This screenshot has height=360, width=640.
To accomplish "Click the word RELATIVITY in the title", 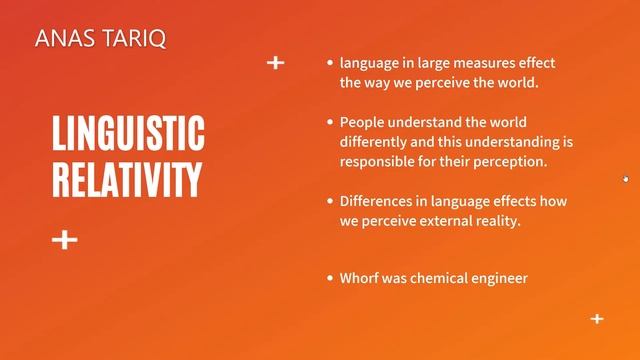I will pyautogui.click(x=126, y=179).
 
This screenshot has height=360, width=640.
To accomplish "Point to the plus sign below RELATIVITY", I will pyautogui.click(x=65, y=240).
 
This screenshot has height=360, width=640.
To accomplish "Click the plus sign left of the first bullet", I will pyautogui.click(x=276, y=63).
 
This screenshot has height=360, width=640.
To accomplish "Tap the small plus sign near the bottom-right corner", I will pyautogui.click(x=597, y=319).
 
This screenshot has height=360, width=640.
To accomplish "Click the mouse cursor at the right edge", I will pyautogui.click(x=626, y=179).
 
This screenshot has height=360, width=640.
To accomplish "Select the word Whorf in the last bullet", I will pyautogui.click(x=361, y=278).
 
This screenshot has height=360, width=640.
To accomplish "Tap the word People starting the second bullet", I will pyautogui.click(x=363, y=121).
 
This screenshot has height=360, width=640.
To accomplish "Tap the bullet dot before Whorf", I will pyautogui.click(x=330, y=279).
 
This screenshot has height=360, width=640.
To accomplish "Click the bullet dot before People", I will pyautogui.click(x=330, y=122).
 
